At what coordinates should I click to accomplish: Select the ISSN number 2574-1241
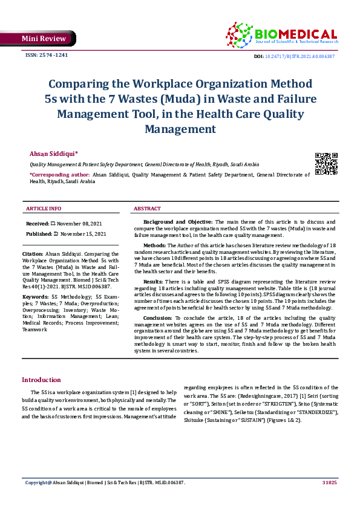pyautogui.click(x=46, y=55)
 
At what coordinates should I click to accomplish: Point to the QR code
pyautogui.click(x=326, y=164)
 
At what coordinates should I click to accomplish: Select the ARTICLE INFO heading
pyautogui.click(x=43, y=209)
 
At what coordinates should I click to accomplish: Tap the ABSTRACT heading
pyautogui.click(x=147, y=209)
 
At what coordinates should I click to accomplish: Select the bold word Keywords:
pyautogui.click(x=35, y=297)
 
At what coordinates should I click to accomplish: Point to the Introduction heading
pyautogui.click(x=41, y=380)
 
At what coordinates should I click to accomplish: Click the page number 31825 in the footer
pyautogui.click(x=329, y=483)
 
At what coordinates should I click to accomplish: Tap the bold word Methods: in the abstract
pyautogui.click(x=155, y=246)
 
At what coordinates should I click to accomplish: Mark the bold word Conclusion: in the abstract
pyautogui.click(x=157, y=317)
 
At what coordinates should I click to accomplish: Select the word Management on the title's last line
pyautogui.click(x=180, y=129)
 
